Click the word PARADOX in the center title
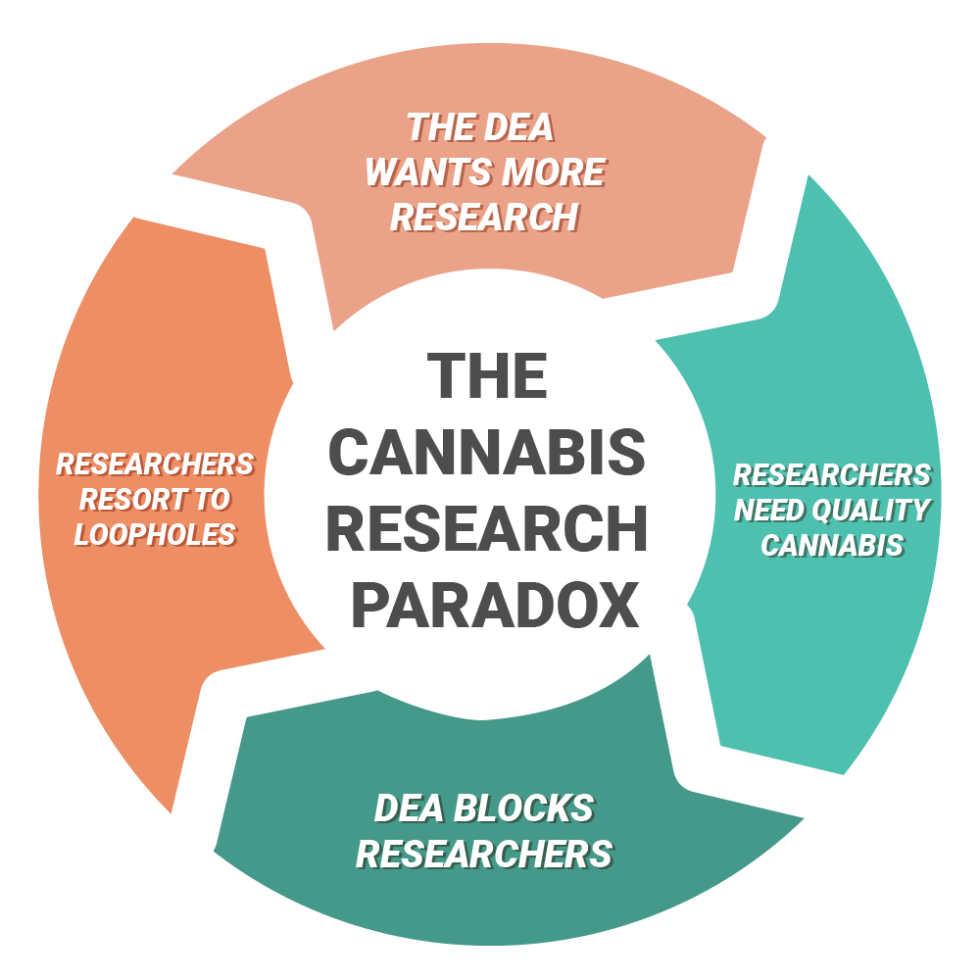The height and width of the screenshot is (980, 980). [x=495, y=606]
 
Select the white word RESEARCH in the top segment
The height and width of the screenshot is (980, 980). [x=484, y=218]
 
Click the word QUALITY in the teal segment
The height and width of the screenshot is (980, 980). [x=874, y=511]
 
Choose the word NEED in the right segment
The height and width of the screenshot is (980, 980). [x=770, y=511]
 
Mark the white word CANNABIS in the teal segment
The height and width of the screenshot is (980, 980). [x=832, y=545]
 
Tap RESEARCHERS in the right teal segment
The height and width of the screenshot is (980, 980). [x=832, y=475]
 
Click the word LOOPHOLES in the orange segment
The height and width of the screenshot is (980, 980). [x=155, y=534]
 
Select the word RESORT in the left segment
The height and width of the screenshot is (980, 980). [x=126, y=499]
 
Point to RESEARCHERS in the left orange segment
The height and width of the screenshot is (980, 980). [x=155, y=464]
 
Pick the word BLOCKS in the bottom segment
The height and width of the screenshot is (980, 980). [x=524, y=809]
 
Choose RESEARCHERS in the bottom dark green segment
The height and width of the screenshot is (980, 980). [x=484, y=854]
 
